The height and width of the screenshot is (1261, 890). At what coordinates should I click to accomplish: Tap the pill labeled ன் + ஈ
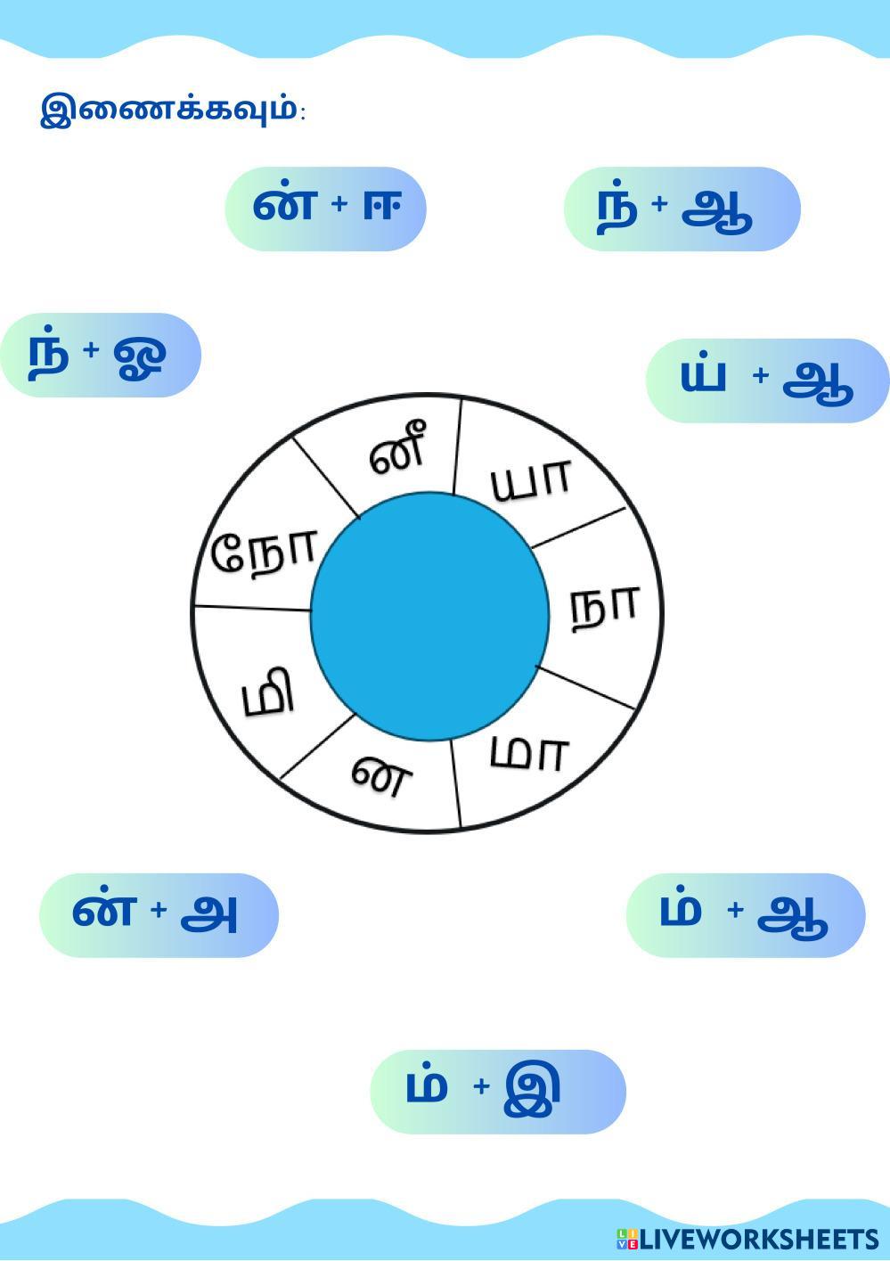point(326,209)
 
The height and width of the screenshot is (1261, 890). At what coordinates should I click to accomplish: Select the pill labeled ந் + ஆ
point(682,209)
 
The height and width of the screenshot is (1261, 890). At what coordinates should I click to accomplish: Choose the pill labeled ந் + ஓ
point(101,356)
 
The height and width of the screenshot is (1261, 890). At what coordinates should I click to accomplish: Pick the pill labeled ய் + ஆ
point(768,381)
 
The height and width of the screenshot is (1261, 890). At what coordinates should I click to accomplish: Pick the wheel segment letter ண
point(381,776)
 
